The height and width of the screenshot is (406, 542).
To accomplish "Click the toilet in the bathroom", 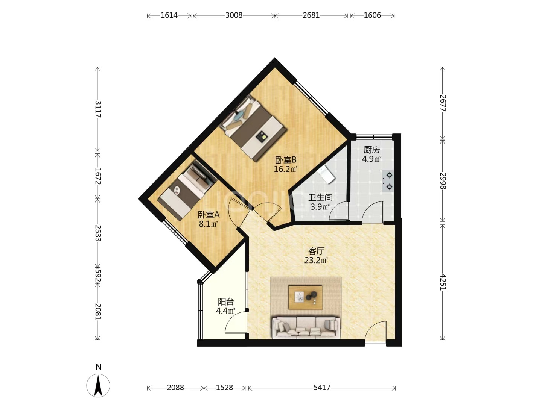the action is [x=326, y=174].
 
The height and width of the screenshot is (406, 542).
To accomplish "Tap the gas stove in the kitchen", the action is [x=388, y=181].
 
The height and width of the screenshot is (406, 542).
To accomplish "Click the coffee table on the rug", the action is [x=306, y=297].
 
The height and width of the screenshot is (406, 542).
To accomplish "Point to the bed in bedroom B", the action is [x=253, y=128].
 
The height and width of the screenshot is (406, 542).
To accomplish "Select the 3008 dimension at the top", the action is [x=234, y=15].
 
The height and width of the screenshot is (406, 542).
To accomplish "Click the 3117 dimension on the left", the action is [x=98, y=109].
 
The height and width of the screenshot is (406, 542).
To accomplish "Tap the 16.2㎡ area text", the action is [x=285, y=169].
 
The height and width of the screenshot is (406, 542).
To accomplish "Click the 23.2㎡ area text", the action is [x=316, y=260].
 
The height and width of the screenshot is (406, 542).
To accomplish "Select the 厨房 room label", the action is [x=371, y=150].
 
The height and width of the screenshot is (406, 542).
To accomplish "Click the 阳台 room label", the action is [x=226, y=301].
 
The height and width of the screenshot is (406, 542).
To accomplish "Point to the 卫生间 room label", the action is [x=320, y=197].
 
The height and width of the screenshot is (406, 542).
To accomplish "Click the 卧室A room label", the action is [x=209, y=215].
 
